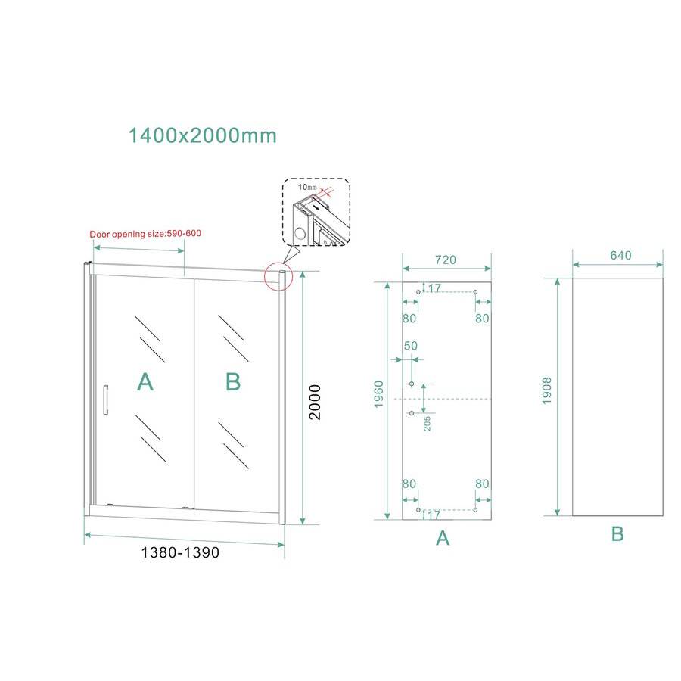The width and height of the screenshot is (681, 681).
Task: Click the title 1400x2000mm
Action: tap(202, 136)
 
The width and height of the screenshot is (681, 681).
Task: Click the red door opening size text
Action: tap(145, 235)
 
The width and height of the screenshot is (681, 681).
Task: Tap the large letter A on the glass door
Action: tap(145, 383)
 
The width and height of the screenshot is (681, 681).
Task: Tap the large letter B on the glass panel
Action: tap(233, 383)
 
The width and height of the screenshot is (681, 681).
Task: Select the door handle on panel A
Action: tap(107, 400)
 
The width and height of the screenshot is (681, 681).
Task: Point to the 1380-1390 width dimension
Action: tap(180, 553)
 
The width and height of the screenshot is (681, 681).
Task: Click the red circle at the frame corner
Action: tap(278, 276)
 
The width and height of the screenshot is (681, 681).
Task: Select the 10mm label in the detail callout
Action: tap(307, 187)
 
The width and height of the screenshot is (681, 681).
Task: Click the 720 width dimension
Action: tap(445, 260)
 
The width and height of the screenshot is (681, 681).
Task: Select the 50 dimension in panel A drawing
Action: tap(411, 347)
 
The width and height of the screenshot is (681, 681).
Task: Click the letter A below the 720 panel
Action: tap(443, 538)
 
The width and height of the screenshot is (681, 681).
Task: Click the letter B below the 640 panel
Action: tap(617, 534)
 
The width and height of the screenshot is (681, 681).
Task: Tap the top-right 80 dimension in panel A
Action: tap(482, 319)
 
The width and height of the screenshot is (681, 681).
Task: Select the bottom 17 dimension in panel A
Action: tap(433, 516)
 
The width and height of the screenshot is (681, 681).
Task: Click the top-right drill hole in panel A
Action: tap(475, 292)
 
